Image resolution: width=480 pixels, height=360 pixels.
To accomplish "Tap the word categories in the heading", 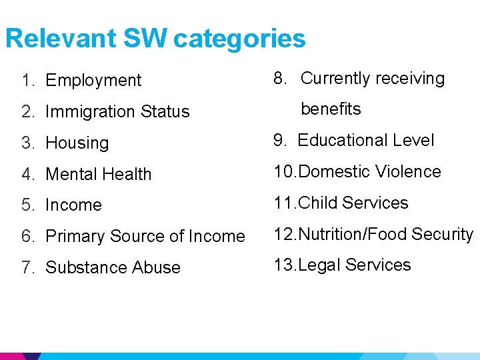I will coord(239,39).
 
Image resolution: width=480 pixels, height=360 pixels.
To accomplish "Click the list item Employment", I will coord(93,81).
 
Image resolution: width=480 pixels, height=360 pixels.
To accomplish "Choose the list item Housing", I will coord(77,143).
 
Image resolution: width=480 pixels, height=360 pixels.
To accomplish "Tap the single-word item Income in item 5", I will coord(73,205).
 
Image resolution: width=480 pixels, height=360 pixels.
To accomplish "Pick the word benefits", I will coord(331,109).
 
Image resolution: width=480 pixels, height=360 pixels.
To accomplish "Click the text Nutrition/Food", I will coord(352,234).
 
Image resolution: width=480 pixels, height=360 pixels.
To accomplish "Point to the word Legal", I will coord(319,265).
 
